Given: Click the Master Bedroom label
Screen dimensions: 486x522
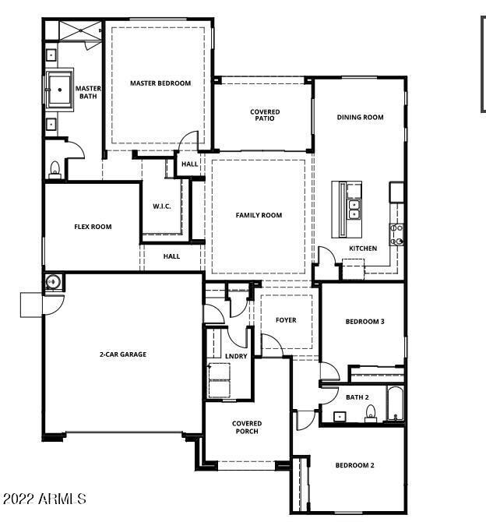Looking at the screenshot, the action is coord(160,83).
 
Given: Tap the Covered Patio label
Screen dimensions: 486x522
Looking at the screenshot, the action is coord(265,115).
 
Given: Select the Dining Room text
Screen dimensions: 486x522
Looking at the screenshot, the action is coord(360,117).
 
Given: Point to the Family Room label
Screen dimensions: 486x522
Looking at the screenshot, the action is coord(259,215).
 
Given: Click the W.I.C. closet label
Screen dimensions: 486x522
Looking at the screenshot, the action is coord(162,206).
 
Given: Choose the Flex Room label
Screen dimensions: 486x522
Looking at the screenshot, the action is coord(93,227).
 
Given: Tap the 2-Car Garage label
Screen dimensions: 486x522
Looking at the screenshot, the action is coord(123,354).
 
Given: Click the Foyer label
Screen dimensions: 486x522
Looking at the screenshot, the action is coord(286,320).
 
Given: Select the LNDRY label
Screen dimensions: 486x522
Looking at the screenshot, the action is coord(236,356).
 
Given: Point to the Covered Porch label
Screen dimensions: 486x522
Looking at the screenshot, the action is coord(247,427).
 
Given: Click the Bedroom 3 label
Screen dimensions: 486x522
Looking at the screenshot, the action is coord(364,322).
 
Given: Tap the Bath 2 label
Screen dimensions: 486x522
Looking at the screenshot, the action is coord(357,397).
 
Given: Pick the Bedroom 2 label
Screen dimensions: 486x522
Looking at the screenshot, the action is coord(355,465).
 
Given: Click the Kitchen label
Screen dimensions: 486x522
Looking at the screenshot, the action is coord(363,249).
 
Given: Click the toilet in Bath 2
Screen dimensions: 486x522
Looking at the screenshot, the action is coord(371,413).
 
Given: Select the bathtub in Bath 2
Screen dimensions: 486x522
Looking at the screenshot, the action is coord(396,404).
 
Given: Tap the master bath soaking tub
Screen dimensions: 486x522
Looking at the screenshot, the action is coord(59,90).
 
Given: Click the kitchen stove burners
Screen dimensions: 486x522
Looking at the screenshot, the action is coord(396,235).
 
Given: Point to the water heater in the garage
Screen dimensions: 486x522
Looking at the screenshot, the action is coord(53,281).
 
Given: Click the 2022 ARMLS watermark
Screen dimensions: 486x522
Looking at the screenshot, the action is coord(44,499).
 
